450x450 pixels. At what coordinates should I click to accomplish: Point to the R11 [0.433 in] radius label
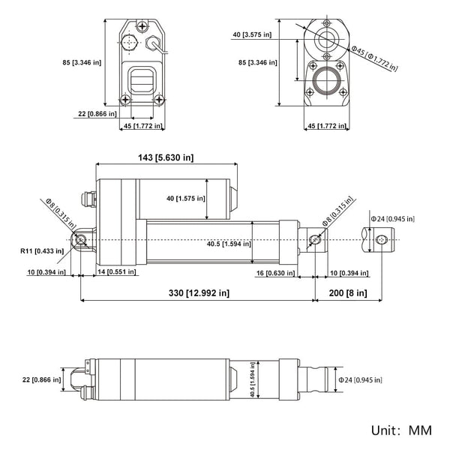click(x=41, y=252)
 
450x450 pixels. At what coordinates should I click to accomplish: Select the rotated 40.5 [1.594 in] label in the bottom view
click(x=253, y=382)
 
